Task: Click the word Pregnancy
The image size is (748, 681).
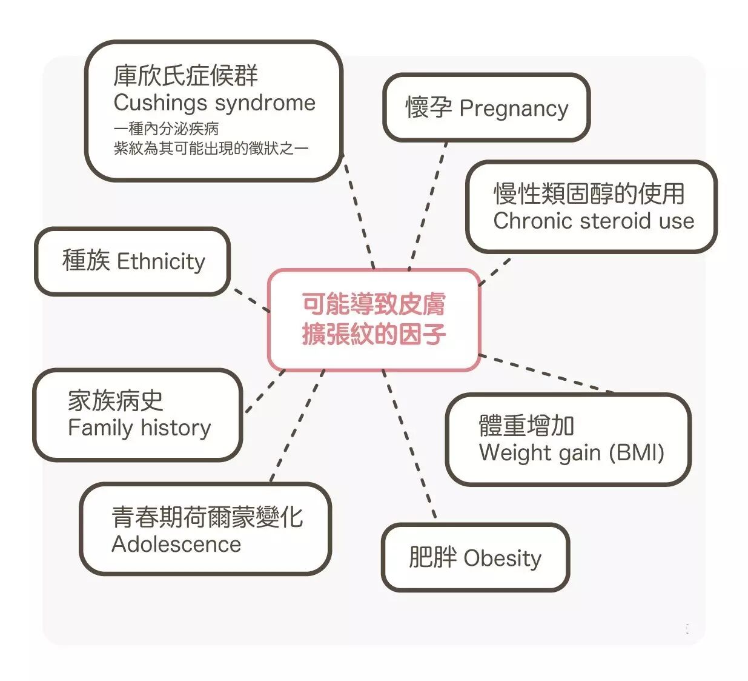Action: tap(514, 109)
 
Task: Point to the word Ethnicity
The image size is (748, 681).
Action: tap(161, 262)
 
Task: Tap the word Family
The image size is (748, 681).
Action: tap(100, 428)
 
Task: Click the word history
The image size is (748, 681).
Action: tap(176, 428)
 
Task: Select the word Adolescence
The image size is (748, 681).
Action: tap(176, 545)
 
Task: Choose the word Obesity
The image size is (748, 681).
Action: tap(503, 558)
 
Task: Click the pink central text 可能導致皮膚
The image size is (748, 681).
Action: tap(374, 304)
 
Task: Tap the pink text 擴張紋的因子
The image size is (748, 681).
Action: tap(374, 334)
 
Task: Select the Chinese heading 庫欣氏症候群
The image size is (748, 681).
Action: tap(185, 76)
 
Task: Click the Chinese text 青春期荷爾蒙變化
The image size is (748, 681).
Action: tap(207, 517)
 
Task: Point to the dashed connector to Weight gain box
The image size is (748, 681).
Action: tap(545, 374)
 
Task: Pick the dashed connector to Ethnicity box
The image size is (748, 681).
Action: tap(251, 301)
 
